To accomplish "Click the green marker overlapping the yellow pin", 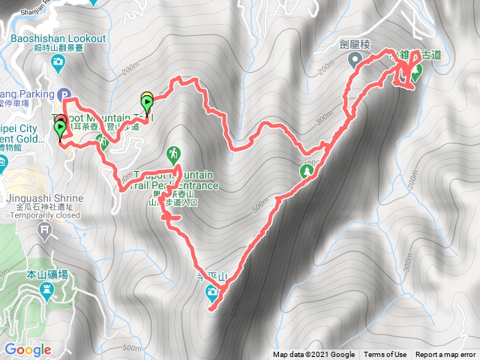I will coord(147,103).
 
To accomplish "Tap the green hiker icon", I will coord(174,154).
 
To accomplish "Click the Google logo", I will coord(27,349).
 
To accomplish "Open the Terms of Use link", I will coord(385,355).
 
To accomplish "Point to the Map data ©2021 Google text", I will coord(313,355).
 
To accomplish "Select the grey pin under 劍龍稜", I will coord(357,60).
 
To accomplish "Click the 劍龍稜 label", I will coord(355,43).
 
